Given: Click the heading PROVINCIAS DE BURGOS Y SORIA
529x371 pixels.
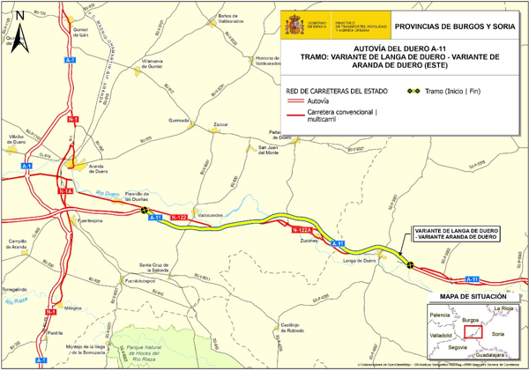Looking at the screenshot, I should click(451, 27).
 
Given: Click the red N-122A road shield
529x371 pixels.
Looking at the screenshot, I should click(300, 229).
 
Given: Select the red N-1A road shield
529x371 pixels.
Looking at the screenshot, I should click(65, 190).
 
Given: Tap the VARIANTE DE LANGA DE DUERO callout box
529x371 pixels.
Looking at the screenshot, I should click(457, 234).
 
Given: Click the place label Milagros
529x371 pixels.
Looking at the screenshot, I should click(73, 308).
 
